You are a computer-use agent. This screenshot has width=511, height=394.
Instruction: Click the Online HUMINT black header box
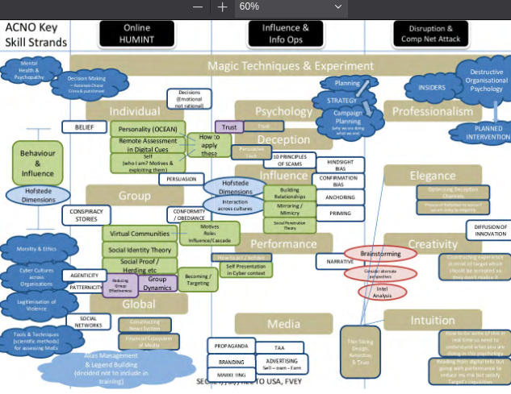click(x=136, y=33)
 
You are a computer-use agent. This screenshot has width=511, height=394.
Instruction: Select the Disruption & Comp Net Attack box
click(x=432, y=33)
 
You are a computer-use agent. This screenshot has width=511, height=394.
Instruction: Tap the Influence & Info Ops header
click(x=285, y=33)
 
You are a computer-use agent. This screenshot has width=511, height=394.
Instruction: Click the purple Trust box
click(x=228, y=126)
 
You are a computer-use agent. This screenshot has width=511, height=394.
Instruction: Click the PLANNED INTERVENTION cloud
click(x=482, y=133)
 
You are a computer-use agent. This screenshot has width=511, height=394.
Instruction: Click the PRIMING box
click(x=338, y=214)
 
